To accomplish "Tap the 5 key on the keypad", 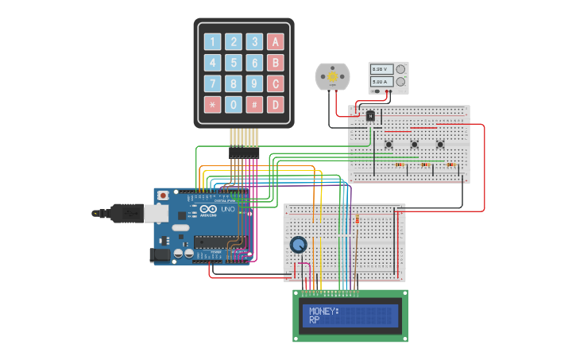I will [x=234, y=63].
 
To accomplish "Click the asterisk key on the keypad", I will [x=213, y=104].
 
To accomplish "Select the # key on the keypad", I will [x=254, y=104].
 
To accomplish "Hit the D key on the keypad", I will [x=275, y=104].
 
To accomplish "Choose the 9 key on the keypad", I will [x=254, y=83].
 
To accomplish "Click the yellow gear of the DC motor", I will [x=332, y=76].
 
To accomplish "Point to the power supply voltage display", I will [x=379, y=70].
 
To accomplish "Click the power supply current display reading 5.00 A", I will [x=379, y=82].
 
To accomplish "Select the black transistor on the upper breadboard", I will [x=370, y=116].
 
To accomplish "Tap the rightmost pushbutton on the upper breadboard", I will [x=440, y=144].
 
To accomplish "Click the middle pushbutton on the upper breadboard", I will [x=414, y=144].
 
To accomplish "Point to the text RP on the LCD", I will [x=315, y=319].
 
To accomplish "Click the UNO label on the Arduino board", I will [x=223, y=217].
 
